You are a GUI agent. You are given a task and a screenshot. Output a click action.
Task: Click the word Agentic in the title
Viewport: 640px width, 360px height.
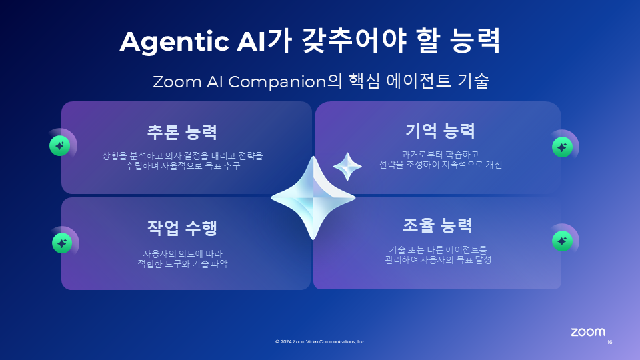point(174,42)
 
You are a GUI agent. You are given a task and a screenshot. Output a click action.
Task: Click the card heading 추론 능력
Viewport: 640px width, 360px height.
point(182,132)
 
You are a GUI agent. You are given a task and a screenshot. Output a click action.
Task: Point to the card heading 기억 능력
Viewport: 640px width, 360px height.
point(440,131)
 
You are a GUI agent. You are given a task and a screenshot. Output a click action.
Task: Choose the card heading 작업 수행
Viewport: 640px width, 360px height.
point(182,228)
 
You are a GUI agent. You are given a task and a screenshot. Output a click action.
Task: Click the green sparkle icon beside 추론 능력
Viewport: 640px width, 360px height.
point(59,146)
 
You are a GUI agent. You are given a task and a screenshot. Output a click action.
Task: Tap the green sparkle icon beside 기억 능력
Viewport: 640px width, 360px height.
point(562,147)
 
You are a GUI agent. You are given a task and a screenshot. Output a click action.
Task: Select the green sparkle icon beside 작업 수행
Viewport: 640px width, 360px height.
point(62,243)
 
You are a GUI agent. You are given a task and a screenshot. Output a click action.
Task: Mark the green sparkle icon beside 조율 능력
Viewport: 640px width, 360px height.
point(562,241)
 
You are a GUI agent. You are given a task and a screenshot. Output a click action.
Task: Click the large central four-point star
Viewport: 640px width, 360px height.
point(313,198)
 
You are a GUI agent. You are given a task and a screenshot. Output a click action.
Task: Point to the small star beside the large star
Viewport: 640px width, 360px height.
point(347,166)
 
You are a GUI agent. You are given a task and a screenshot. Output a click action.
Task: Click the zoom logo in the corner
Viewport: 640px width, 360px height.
point(588,332)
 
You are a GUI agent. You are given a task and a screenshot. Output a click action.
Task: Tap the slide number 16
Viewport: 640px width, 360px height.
point(609,342)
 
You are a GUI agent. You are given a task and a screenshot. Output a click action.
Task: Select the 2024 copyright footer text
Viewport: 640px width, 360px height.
point(321,341)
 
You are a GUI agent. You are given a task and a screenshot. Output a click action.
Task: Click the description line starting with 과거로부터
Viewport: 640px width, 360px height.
point(440,154)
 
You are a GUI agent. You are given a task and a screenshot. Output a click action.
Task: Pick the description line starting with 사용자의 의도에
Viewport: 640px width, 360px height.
point(183,254)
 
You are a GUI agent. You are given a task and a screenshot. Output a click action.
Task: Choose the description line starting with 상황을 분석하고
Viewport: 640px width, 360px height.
point(183,156)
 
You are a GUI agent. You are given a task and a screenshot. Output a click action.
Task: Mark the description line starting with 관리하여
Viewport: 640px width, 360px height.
point(438,259)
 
